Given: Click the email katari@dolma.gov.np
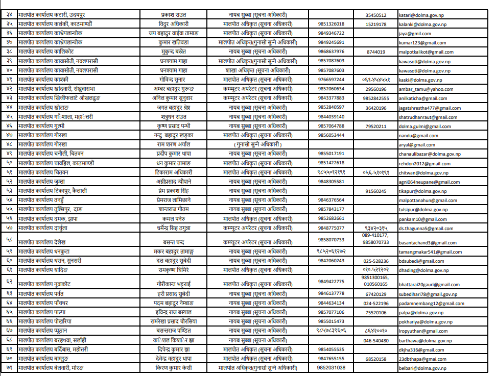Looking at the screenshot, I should tap(418, 15).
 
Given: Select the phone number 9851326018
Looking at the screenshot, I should tap(331, 24).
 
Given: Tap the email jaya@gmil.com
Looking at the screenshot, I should tap(413, 33).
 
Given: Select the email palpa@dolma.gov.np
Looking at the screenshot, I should tap(418, 312).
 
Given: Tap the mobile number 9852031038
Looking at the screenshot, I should tap(331, 367).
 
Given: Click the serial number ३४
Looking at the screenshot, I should tap(9, 15).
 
